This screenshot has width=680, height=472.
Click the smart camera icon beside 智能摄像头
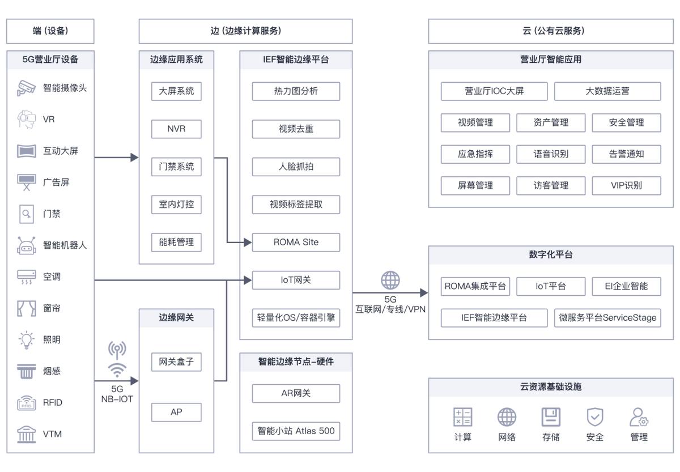coord(26,88)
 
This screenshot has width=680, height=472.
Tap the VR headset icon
coord(26,119)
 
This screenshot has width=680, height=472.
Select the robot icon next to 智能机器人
coord(26,245)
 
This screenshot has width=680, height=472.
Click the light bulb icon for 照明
coord(26,339)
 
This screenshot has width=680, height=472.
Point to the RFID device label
coord(53,402)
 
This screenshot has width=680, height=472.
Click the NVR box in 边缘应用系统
coord(176,129)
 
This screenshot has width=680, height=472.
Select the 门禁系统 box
coord(176,167)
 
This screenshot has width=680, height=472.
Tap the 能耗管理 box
coord(176,242)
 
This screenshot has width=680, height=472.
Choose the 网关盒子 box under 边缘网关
coord(176,362)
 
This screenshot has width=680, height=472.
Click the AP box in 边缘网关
coord(176,412)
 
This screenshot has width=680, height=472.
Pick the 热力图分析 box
coord(296,91)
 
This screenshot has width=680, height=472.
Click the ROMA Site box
coord(296,242)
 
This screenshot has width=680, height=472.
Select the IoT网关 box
coord(296,280)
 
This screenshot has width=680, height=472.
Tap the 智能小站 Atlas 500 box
coord(296,431)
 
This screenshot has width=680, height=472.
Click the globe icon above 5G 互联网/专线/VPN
coord(390,280)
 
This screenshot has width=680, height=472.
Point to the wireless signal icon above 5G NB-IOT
coord(117,360)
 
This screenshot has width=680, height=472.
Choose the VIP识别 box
coord(626,185)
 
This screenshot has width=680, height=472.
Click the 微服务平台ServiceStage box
coord(607,318)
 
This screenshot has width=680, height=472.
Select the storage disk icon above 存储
coord(551,417)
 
